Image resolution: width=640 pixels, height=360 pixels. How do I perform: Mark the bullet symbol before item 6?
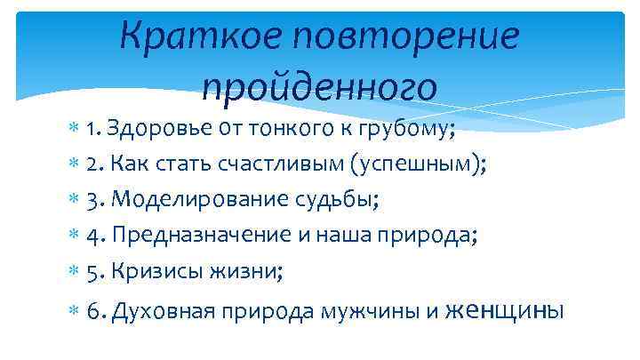point(73,312)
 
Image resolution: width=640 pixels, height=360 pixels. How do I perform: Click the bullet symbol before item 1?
point(73,132)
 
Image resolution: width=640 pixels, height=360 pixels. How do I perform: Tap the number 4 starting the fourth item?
point(93,235)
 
